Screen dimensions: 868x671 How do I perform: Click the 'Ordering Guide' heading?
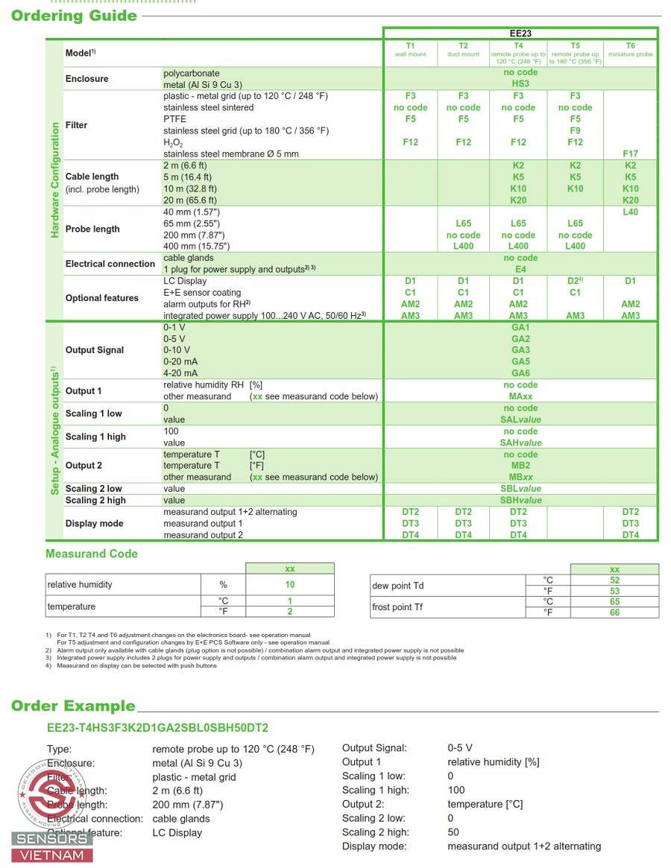pos(74,16)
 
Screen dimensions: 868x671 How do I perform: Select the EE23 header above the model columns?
pos(520,34)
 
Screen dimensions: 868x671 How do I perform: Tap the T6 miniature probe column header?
pos(630,50)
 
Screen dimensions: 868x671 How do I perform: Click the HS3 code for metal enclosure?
pos(520,84)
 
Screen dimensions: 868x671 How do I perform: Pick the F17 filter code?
pos(630,153)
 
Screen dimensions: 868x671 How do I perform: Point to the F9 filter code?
pos(575,130)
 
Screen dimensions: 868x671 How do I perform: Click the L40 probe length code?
pos(630,212)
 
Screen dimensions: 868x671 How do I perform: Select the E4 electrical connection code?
pos(520,269)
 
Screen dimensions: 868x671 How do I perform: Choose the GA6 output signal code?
pos(520,373)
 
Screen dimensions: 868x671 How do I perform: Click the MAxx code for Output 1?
pos(520,396)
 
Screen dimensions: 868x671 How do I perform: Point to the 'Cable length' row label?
pos(92,177)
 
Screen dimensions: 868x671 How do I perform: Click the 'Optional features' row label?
pos(101,298)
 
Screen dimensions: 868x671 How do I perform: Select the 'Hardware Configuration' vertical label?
pos(54,180)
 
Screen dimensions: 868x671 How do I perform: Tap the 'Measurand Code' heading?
pos(92,554)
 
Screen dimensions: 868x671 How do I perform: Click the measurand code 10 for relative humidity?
pos(290,585)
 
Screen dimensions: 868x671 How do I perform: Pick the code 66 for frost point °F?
pos(614,612)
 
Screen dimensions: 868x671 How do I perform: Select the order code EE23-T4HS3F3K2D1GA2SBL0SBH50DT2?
pos(157,728)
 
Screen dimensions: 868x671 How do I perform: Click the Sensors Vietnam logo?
pos(52,812)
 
